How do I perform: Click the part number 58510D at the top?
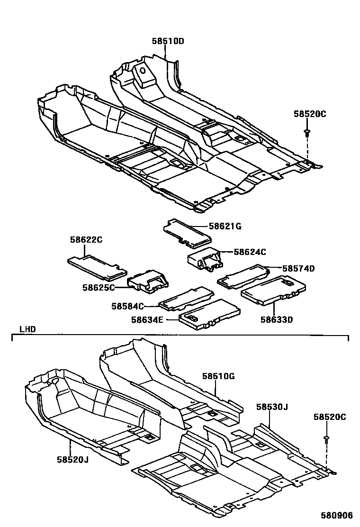(168, 42)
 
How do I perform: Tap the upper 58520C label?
(310, 114)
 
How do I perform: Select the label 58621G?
(225, 227)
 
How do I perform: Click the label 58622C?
(86, 240)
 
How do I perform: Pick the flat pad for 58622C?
(97, 267)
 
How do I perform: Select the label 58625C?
(98, 287)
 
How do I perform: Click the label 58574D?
(298, 268)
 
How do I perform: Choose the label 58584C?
(127, 307)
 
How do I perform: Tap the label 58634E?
(147, 320)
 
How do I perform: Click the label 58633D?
(276, 319)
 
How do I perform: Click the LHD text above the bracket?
(27, 329)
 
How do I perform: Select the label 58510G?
(219, 376)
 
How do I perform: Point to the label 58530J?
(272, 407)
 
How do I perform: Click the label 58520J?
(73, 459)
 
